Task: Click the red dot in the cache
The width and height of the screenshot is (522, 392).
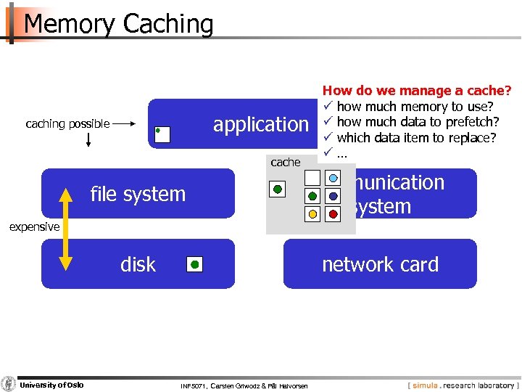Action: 333,214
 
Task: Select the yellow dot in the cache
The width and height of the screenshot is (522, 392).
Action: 312,214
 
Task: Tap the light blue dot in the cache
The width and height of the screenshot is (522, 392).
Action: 333,177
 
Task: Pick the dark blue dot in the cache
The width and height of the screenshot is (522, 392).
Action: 333,196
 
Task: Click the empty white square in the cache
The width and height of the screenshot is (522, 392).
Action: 312,177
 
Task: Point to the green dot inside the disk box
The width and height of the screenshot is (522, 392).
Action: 194,264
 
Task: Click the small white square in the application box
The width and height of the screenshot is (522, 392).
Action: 162,134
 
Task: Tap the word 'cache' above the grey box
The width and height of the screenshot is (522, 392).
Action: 285,163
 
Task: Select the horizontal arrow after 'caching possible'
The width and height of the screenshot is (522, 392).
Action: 125,124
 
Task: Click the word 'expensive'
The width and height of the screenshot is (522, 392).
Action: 34,227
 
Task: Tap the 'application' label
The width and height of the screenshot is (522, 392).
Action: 260,124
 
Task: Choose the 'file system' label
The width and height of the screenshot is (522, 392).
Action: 138,194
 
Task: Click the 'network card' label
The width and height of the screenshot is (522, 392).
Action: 380,264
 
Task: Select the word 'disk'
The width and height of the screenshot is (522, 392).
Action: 138,264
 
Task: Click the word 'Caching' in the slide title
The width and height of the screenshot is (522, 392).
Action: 168,24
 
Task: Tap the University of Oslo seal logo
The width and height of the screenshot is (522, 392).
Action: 9,384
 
